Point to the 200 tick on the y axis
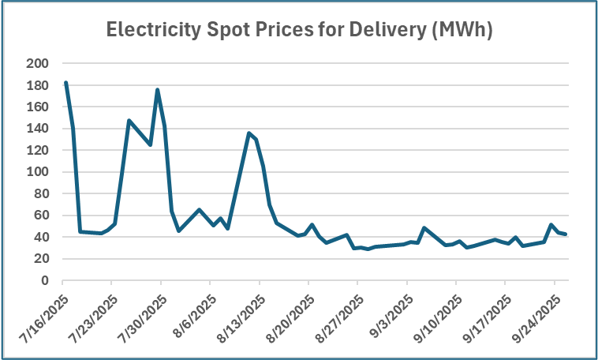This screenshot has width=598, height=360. tap(38, 63)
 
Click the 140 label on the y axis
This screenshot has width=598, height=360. tap(38, 129)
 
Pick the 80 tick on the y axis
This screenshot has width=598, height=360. tap(41, 193)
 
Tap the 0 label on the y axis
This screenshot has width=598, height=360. tap(45, 280)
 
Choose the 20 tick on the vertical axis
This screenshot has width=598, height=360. tap(41, 259)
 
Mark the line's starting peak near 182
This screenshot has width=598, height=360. tap(65, 82)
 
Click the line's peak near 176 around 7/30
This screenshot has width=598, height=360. tap(158, 90)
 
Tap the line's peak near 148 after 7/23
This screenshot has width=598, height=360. tap(129, 121)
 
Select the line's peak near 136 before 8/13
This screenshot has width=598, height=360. tap(249, 133)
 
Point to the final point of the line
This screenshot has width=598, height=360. tap(566, 234)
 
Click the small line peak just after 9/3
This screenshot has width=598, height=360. tap(424, 228)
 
